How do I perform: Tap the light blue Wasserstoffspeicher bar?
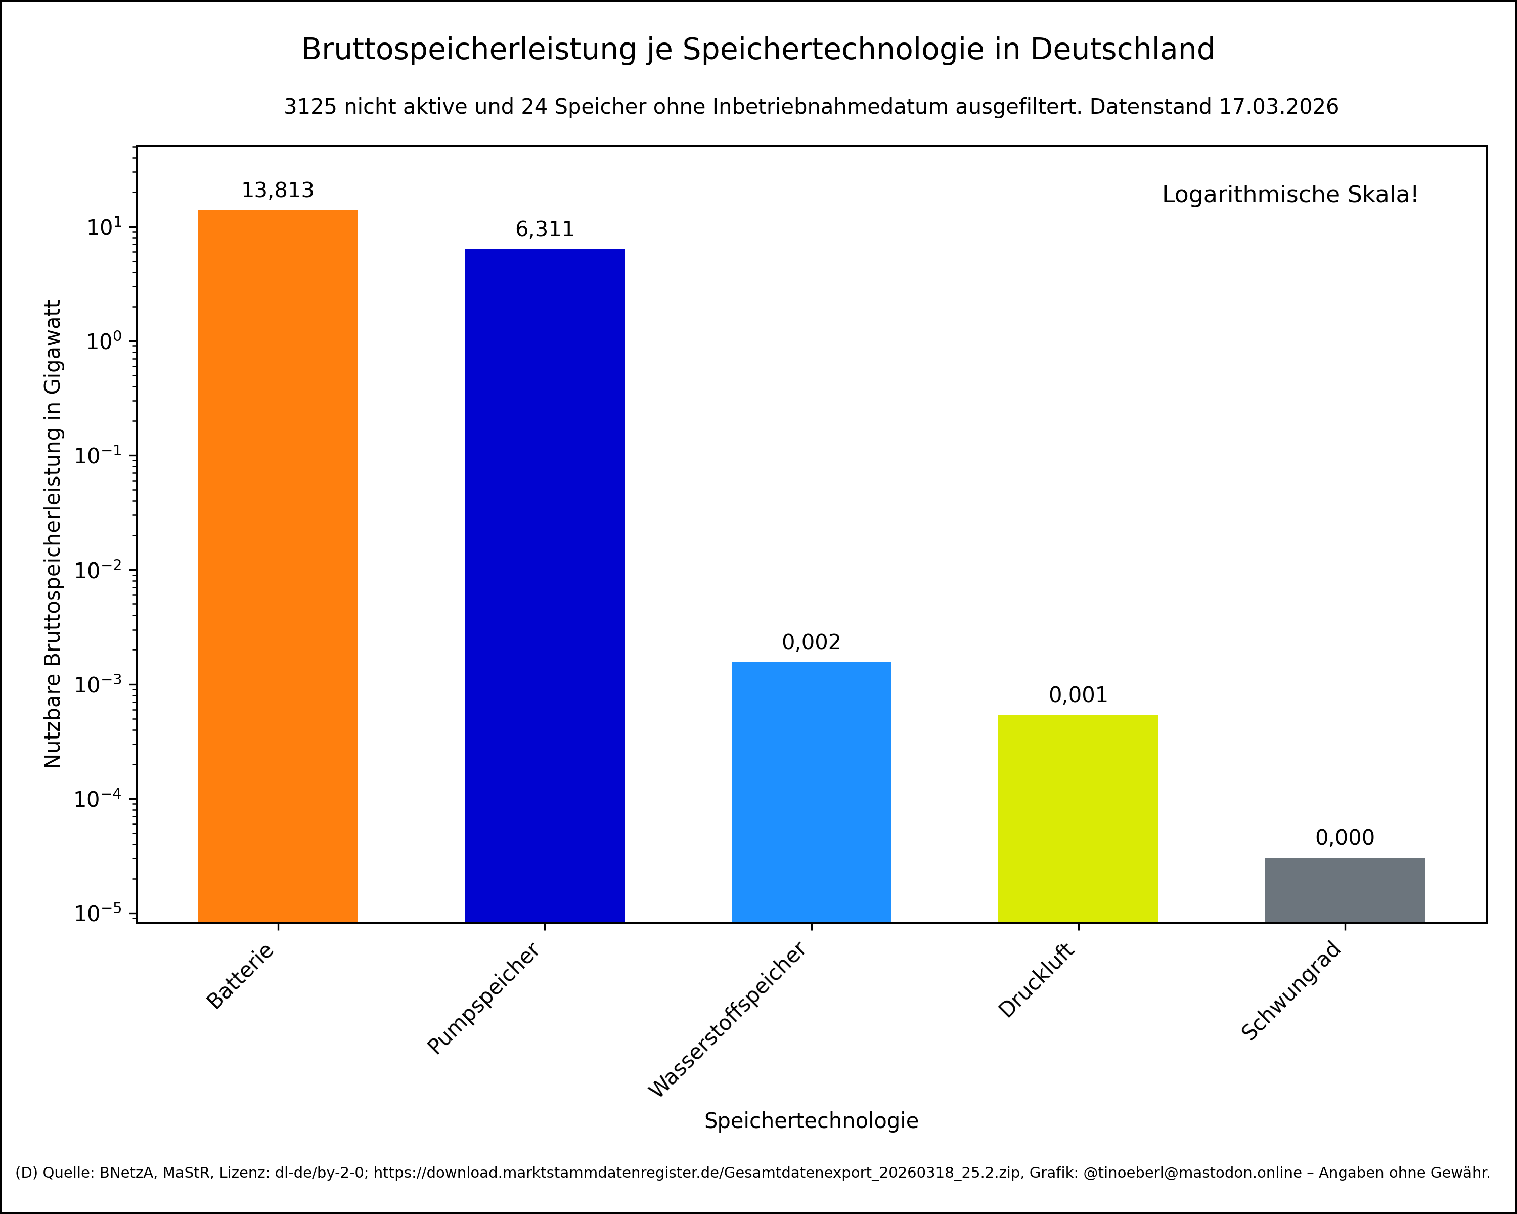pos(811,792)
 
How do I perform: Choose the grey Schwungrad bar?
pos(1345,890)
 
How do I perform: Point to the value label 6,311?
pos(545,230)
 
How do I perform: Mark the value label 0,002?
pos(811,642)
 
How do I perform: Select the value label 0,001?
pos(1078,696)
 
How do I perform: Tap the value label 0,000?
pos(1345,838)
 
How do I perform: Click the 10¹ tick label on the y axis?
pos(104,227)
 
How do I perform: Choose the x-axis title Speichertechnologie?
pos(811,1120)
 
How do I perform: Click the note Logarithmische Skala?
pos(1290,195)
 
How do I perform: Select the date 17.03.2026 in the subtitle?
pos(1278,107)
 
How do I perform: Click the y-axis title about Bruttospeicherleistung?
pos(53,534)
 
